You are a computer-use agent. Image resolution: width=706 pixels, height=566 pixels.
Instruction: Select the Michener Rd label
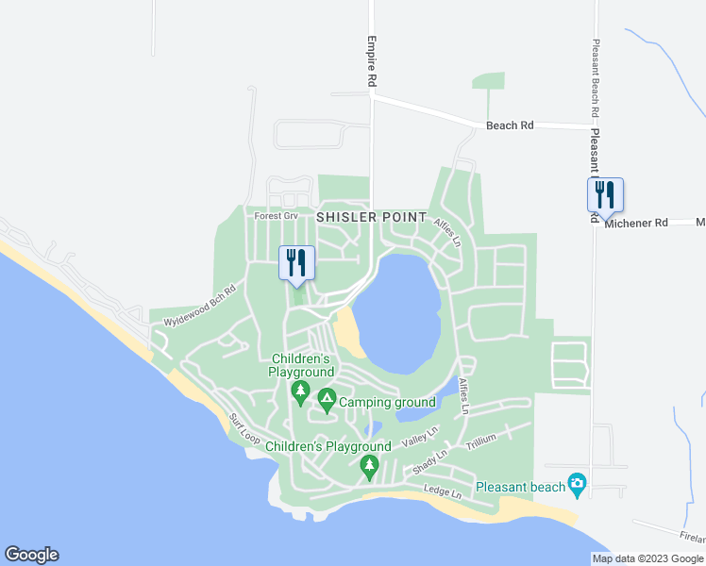[x=636, y=223]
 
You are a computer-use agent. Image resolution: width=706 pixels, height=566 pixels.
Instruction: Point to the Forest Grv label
[x=276, y=216]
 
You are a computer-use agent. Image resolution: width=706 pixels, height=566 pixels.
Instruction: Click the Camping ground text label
[x=387, y=402]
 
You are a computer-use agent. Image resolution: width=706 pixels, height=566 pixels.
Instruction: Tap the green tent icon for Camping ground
[x=327, y=400]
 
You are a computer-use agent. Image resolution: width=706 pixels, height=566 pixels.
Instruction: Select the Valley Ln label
[x=420, y=437]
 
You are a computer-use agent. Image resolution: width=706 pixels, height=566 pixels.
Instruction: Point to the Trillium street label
[x=480, y=440]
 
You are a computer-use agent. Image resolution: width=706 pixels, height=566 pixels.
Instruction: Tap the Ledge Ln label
[x=442, y=492]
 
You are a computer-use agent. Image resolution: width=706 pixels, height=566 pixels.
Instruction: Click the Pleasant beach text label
[x=520, y=487]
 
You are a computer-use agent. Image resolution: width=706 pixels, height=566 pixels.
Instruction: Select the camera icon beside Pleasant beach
[x=578, y=486]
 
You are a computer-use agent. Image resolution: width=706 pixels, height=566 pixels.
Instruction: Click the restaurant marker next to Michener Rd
[x=605, y=195]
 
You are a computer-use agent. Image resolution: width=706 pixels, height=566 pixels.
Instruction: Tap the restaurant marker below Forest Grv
[x=296, y=262]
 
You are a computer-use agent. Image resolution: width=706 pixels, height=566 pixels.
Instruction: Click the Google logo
[x=31, y=555]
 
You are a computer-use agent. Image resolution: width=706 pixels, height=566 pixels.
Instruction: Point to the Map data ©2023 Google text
[x=647, y=558]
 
